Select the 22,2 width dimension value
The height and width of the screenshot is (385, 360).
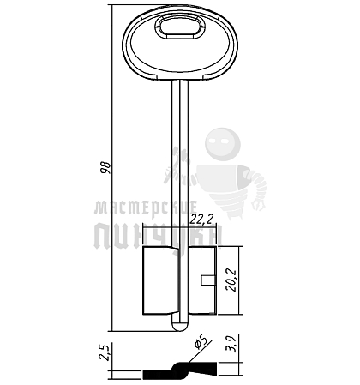point(202,219)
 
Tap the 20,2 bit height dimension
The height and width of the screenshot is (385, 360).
point(231,280)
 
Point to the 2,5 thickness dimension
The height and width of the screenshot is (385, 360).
point(105,352)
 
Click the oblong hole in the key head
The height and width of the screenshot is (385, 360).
point(180,27)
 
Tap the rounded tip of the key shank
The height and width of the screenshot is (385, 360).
point(181,326)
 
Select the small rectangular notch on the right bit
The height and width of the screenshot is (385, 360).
point(208,280)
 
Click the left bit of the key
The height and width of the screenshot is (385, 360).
point(160,280)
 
